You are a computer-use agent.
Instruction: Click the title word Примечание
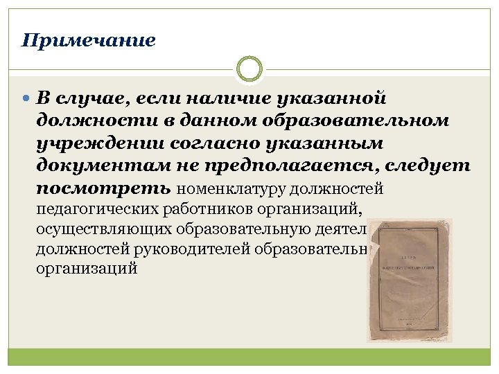89,40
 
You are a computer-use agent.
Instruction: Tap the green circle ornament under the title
249,69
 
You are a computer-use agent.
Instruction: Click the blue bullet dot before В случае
27,99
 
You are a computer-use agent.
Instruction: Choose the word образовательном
356,121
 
